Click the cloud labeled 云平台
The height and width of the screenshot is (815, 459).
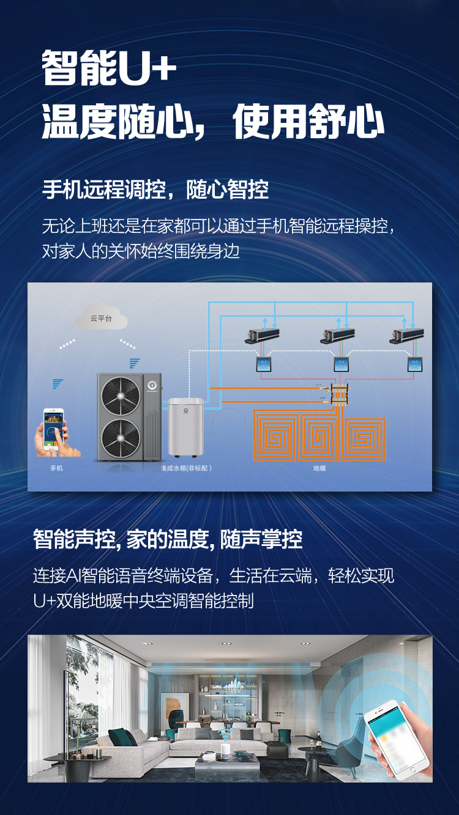tap(101, 318)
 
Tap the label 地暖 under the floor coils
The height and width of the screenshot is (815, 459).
tap(319, 468)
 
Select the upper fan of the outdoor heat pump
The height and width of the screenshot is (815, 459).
tap(121, 396)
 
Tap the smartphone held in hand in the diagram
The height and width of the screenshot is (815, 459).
tap(53, 428)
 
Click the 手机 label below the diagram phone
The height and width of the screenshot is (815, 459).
tap(56, 468)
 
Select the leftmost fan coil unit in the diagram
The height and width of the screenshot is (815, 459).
tap(263, 334)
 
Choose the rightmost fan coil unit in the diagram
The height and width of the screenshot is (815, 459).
tap(408, 334)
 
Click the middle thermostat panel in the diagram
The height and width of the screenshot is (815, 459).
tap(341, 365)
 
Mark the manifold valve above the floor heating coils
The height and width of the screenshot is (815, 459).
tap(337, 394)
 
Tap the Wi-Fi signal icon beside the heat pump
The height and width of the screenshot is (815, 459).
tap(134, 363)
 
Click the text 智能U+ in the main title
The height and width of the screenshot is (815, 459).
tap(109, 68)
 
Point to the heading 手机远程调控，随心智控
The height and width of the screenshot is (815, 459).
tap(155, 190)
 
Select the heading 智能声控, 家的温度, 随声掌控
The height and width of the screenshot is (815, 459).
tap(168, 539)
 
